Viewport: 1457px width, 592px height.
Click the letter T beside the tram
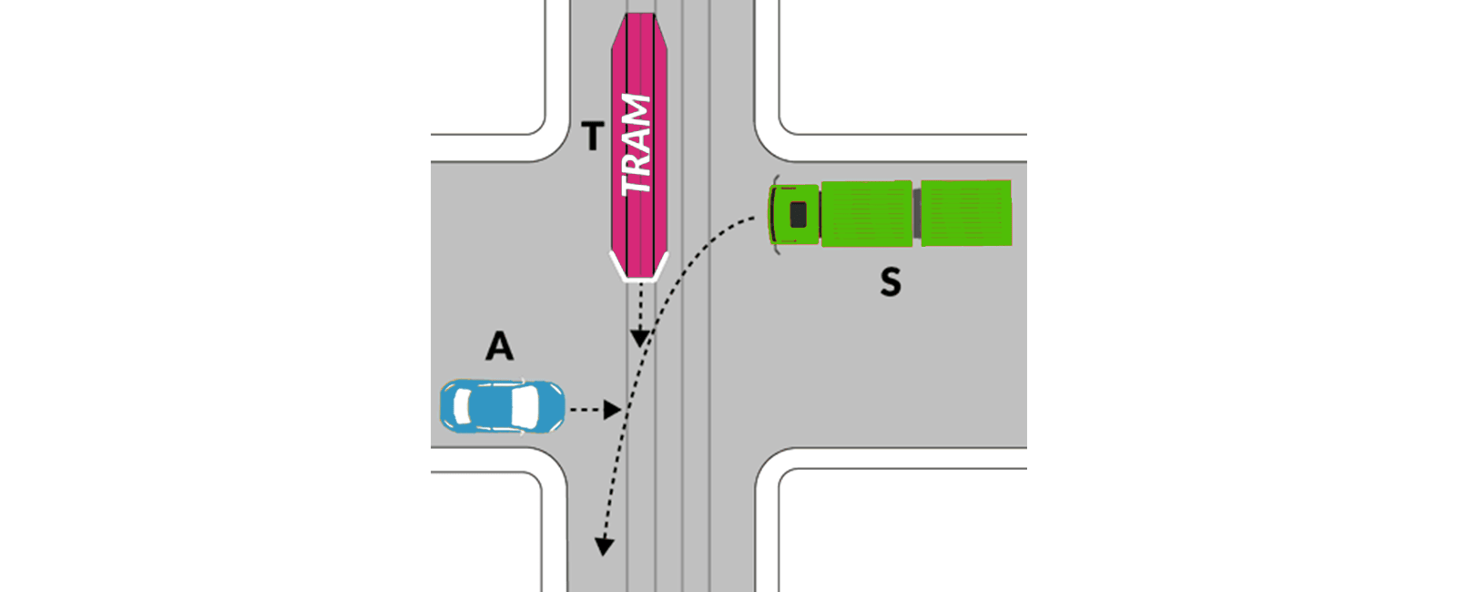593,137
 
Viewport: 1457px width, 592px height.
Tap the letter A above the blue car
500,346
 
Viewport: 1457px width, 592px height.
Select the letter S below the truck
891,282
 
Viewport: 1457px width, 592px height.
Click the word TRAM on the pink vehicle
637,145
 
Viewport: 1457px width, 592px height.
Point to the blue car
502,406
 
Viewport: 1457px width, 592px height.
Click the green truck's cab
794,215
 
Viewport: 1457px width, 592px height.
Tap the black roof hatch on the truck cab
798,215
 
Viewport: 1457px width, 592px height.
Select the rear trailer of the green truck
966,213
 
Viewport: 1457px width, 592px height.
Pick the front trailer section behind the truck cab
867,214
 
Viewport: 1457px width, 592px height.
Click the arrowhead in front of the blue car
612,410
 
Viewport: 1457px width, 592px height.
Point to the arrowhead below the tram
640,338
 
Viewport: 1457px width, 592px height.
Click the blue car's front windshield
525,406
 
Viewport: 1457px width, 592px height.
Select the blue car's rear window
462,406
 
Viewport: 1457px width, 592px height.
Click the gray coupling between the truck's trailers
916,213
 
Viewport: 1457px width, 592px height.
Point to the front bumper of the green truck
772,215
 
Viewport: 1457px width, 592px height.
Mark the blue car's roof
493,406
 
